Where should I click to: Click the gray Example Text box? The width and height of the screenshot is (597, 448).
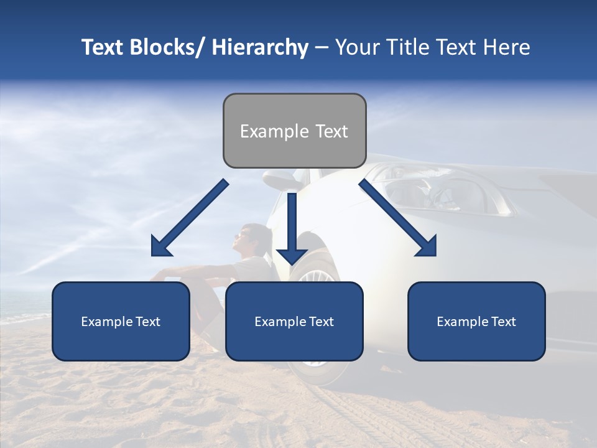(x=294, y=131)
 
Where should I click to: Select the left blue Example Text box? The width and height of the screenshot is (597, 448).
(x=121, y=321)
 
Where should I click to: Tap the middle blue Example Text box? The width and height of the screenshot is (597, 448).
(x=294, y=321)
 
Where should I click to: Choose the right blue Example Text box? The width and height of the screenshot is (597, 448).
(x=476, y=321)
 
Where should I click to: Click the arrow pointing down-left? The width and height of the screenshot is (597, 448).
(x=190, y=218)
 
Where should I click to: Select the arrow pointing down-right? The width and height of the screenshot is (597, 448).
(x=398, y=218)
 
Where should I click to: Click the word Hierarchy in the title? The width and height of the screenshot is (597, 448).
(x=259, y=47)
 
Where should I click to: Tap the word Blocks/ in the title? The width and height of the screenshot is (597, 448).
(x=164, y=47)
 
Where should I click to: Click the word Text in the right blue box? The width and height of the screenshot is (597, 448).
(x=503, y=321)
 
